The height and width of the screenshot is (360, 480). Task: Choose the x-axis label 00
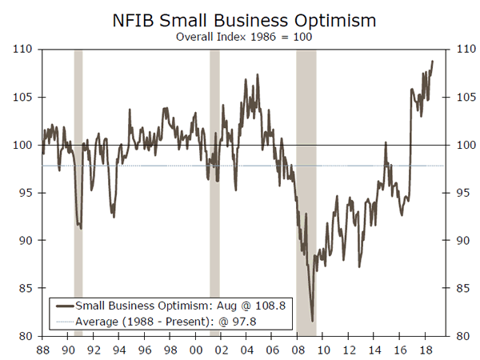point(195,350)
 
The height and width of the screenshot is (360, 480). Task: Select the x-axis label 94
point(118,350)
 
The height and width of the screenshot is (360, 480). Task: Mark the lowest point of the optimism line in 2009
point(312,320)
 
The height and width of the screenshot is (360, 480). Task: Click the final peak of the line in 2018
point(433,62)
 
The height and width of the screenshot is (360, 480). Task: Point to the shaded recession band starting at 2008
point(306,192)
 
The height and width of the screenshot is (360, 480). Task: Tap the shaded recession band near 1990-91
point(78,192)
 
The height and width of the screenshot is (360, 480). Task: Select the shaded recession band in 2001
point(214,192)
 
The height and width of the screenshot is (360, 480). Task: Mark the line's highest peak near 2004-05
point(257,75)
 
